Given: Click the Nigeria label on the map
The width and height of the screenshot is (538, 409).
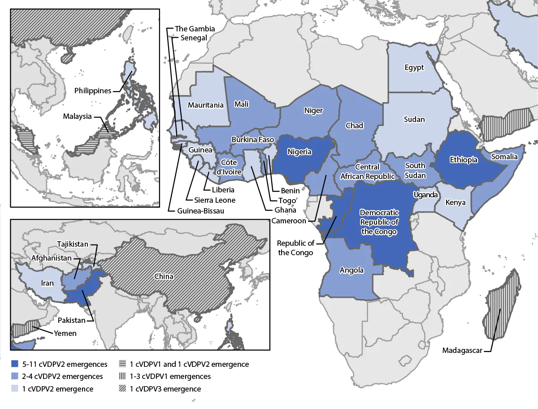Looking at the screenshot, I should click(x=299, y=152).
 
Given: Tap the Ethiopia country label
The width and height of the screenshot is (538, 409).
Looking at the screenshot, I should click(x=464, y=160).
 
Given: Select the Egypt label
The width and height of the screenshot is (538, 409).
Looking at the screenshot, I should click(x=414, y=68).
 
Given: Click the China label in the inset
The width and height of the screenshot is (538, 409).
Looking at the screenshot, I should click(x=164, y=276).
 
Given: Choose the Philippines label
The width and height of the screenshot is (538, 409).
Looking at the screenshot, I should click(x=93, y=91).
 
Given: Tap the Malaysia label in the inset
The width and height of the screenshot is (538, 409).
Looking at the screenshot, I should click(x=77, y=116).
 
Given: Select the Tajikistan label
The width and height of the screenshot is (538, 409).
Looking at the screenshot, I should click(x=72, y=244).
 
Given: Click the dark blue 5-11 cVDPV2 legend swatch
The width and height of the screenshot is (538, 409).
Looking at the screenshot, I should click(x=16, y=364).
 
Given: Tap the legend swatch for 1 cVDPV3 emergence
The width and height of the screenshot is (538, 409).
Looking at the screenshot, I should click(x=122, y=389).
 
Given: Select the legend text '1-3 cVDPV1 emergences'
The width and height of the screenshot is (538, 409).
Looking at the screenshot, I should click(x=170, y=377).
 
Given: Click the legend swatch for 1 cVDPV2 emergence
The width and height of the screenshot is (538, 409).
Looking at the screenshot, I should click(x=16, y=389).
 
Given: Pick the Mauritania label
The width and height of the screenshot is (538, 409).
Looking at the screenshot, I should click(x=206, y=105).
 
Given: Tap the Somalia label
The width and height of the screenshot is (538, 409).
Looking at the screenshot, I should click(x=504, y=157).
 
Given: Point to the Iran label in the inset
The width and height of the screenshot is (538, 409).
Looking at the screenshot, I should click(x=47, y=283).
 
